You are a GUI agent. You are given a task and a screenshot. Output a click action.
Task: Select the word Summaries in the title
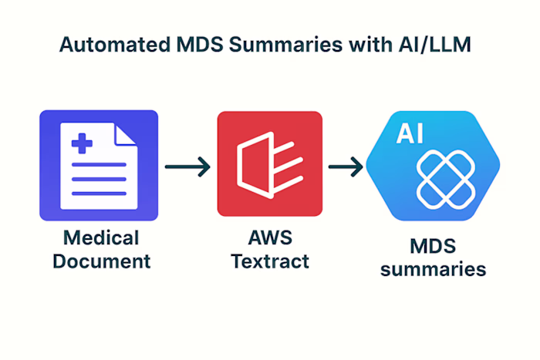279,45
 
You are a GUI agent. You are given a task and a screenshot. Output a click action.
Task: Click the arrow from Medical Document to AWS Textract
187,167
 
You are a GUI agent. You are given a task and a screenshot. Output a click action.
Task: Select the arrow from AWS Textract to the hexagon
345,167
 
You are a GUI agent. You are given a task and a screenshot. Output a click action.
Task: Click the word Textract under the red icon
269,261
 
